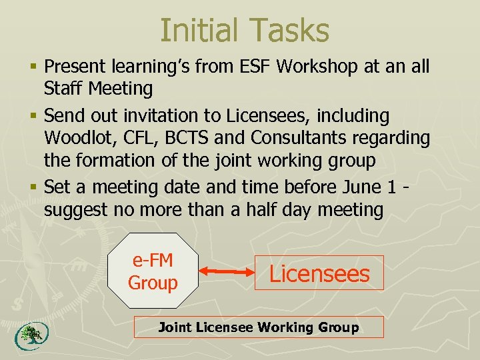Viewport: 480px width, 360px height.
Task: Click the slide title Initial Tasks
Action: (x=245, y=30)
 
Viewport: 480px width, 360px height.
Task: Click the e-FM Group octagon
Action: (x=153, y=272)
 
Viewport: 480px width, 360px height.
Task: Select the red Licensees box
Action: (x=319, y=273)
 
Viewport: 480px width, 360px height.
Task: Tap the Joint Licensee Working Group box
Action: (x=259, y=327)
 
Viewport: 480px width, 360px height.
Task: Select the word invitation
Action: (x=153, y=115)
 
